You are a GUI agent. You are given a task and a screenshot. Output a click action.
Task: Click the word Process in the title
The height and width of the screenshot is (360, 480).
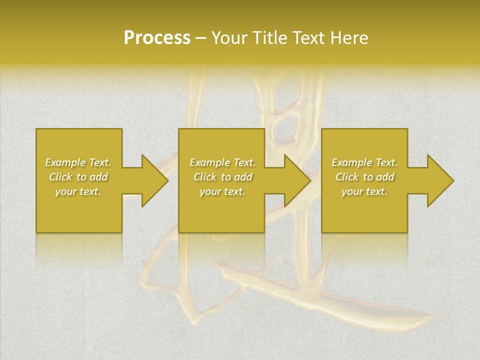click(x=157, y=38)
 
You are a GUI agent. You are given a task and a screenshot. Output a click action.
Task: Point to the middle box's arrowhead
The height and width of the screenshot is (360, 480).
click(x=297, y=180)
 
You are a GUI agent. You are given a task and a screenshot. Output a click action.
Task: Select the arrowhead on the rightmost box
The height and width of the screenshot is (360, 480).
click(x=440, y=180)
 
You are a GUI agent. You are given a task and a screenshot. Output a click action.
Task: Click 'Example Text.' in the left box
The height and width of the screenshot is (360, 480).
click(x=78, y=162)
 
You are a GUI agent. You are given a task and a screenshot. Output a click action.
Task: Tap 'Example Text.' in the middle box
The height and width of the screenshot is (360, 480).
click(x=222, y=162)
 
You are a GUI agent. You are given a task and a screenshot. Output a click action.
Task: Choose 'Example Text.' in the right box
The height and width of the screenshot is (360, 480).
click(x=364, y=162)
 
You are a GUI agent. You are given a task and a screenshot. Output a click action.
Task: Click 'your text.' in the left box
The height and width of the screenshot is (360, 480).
click(x=78, y=191)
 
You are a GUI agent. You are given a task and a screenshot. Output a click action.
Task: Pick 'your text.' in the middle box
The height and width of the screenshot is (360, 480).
click(x=222, y=191)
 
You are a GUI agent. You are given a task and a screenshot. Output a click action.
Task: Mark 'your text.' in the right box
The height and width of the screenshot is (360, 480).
click(x=364, y=191)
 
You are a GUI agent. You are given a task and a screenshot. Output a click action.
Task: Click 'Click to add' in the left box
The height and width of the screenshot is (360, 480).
click(x=78, y=177)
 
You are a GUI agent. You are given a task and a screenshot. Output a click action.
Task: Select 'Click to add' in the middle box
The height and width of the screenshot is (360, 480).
click(x=222, y=177)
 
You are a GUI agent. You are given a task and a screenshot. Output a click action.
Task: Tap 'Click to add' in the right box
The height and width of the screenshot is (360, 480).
click(x=364, y=177)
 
